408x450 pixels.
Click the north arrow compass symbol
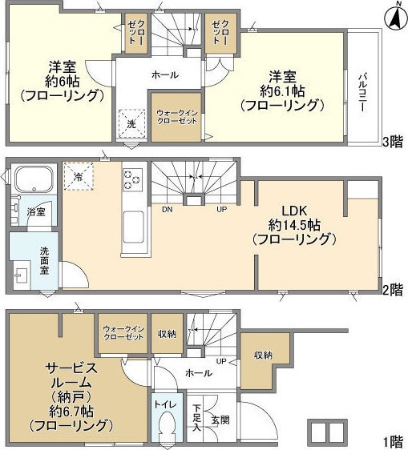[x=395, y=17]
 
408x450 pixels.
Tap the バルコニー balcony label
[x=362, y=93]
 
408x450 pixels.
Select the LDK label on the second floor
[x=294, y=211]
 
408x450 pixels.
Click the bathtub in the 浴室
[x=34, y=179]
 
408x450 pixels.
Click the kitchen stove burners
[x=132, y=180]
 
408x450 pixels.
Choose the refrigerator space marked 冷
[x=79, y=177]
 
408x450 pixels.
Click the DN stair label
[x=167, y=210]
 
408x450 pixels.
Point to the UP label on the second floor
[x=221, y=210]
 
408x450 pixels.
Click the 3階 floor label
[x=393, y=142]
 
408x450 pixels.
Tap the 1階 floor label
[x=393, y=442]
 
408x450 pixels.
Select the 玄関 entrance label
[x=220, y=420]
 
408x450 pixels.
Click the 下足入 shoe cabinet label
[x=197, y=418]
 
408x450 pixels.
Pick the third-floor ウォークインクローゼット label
[x=176, y=117]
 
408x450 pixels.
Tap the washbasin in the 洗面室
[x=21, y=276]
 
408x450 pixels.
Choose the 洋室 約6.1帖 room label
[x=282, y=91]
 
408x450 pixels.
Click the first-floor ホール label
[x=199, y=373]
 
